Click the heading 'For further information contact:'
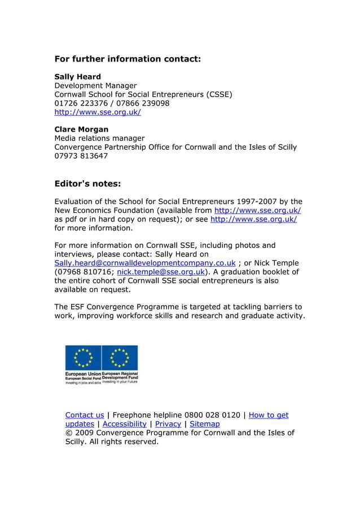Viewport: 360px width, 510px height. (x=128, y=58)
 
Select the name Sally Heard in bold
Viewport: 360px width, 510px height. (x=77, y=76)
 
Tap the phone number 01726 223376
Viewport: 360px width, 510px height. (x=80, y=103)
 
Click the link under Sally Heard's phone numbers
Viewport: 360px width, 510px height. (x=97, y=112)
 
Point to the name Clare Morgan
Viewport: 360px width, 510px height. (x=81, y=129)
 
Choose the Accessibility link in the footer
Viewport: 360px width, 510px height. (x=125, y=424)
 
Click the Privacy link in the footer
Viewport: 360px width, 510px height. (x=168, y=424)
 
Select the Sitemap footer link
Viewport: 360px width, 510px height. (x=204, y=424)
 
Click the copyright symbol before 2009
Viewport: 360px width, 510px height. (x=69, y=433)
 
